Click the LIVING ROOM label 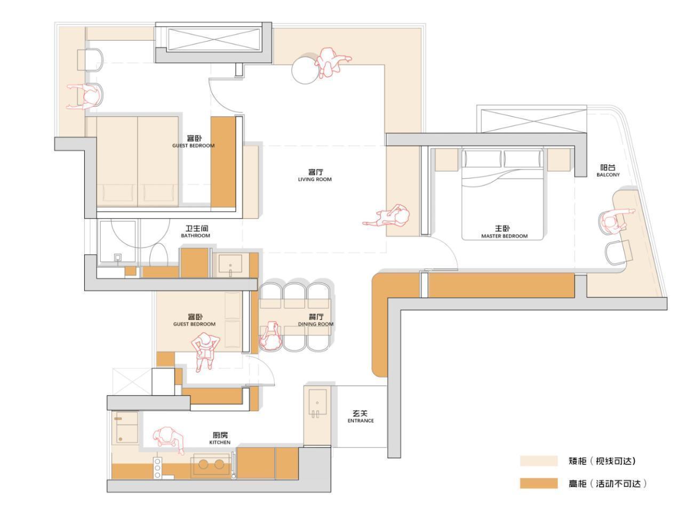[x=314, y=179]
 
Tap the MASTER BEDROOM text [x=504, y=236]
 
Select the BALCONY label [x=608, y=175]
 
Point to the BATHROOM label [x=195, y=236]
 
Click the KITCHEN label [x=220, y=443]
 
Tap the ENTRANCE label [x=361, y=421]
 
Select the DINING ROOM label [x=316, y=324]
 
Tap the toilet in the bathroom [x=158, y=254]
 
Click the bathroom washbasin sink [x=230, y=264]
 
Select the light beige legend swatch [x=538, y=461]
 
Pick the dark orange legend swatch [x=538, y=483]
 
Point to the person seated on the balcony [x=613, y=221]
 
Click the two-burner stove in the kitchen [x=211, y=465]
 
